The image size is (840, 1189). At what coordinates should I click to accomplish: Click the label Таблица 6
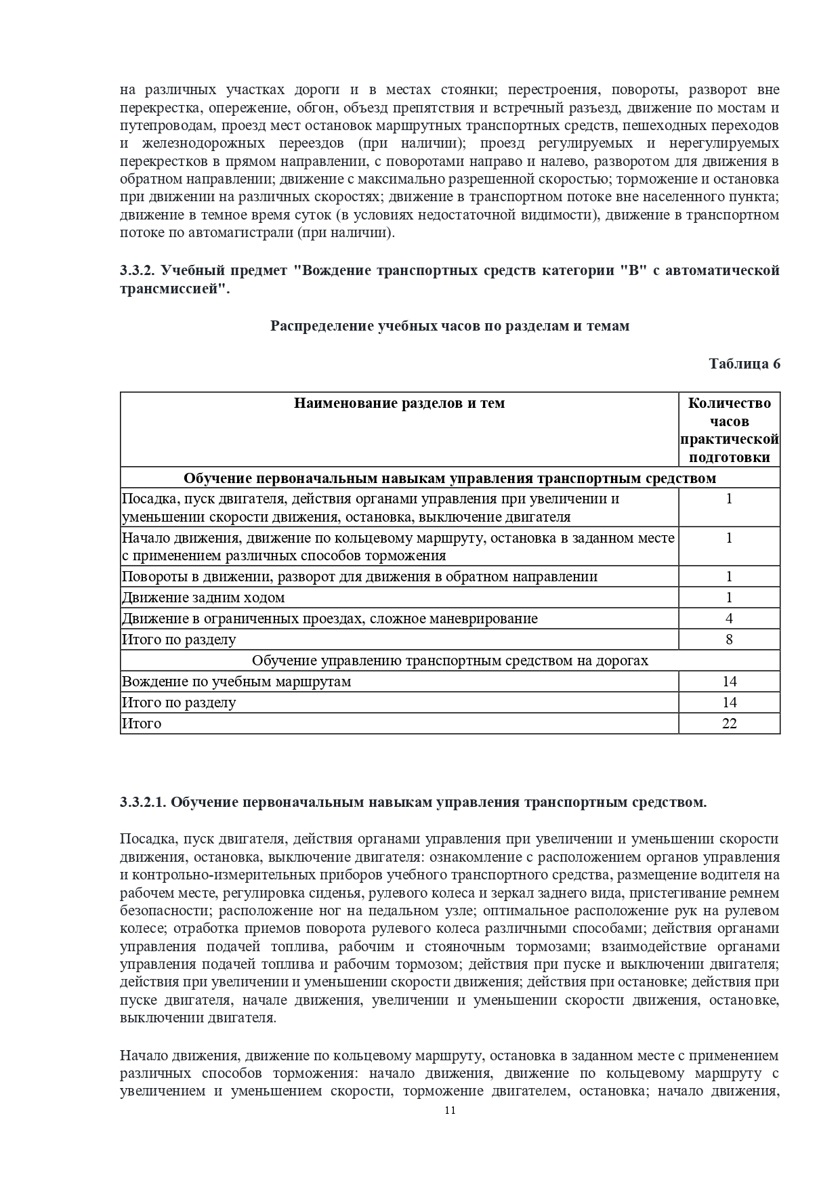pos(744,364)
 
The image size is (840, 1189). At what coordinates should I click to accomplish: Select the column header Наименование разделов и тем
pos(399,403)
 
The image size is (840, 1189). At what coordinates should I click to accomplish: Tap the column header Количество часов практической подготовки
pos(729,430)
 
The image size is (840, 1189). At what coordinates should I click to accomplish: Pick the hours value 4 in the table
pos(729,619)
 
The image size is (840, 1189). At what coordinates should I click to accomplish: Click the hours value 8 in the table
pos(729,640)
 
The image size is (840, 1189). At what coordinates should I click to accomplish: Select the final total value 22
pos(729,724)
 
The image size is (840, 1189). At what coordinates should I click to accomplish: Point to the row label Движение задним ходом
pos(203,598)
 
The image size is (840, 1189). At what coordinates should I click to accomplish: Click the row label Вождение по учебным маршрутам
pos(236,682)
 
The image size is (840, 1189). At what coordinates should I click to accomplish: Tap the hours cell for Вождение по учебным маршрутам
pos(729,682)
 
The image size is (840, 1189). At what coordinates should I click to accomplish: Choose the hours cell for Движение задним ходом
pos(729,598)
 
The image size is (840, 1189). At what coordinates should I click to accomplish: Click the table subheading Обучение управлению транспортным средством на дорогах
pos(450,661)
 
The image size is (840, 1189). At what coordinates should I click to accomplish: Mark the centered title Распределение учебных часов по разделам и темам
pos(450,326)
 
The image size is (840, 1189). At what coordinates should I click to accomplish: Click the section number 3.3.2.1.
pos(143,802)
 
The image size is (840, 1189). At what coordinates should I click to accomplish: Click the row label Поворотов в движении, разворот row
pos(359,577)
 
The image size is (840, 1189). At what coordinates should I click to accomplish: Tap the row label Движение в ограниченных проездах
pos(329,619)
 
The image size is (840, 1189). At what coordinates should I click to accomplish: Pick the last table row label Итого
pos(142,724)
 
